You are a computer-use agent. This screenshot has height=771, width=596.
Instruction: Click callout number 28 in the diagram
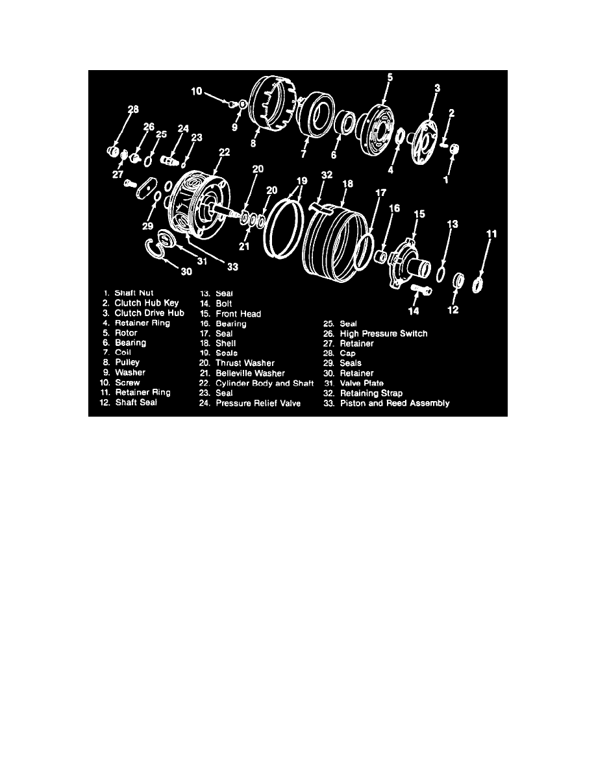133,109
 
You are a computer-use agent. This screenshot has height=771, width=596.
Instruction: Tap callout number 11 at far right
491,233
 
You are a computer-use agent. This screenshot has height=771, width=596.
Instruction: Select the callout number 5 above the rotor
390,77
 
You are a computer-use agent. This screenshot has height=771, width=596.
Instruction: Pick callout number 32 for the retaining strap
326,175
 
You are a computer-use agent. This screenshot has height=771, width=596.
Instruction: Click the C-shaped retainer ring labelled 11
477,284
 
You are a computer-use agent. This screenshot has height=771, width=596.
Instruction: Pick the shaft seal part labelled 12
458,280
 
